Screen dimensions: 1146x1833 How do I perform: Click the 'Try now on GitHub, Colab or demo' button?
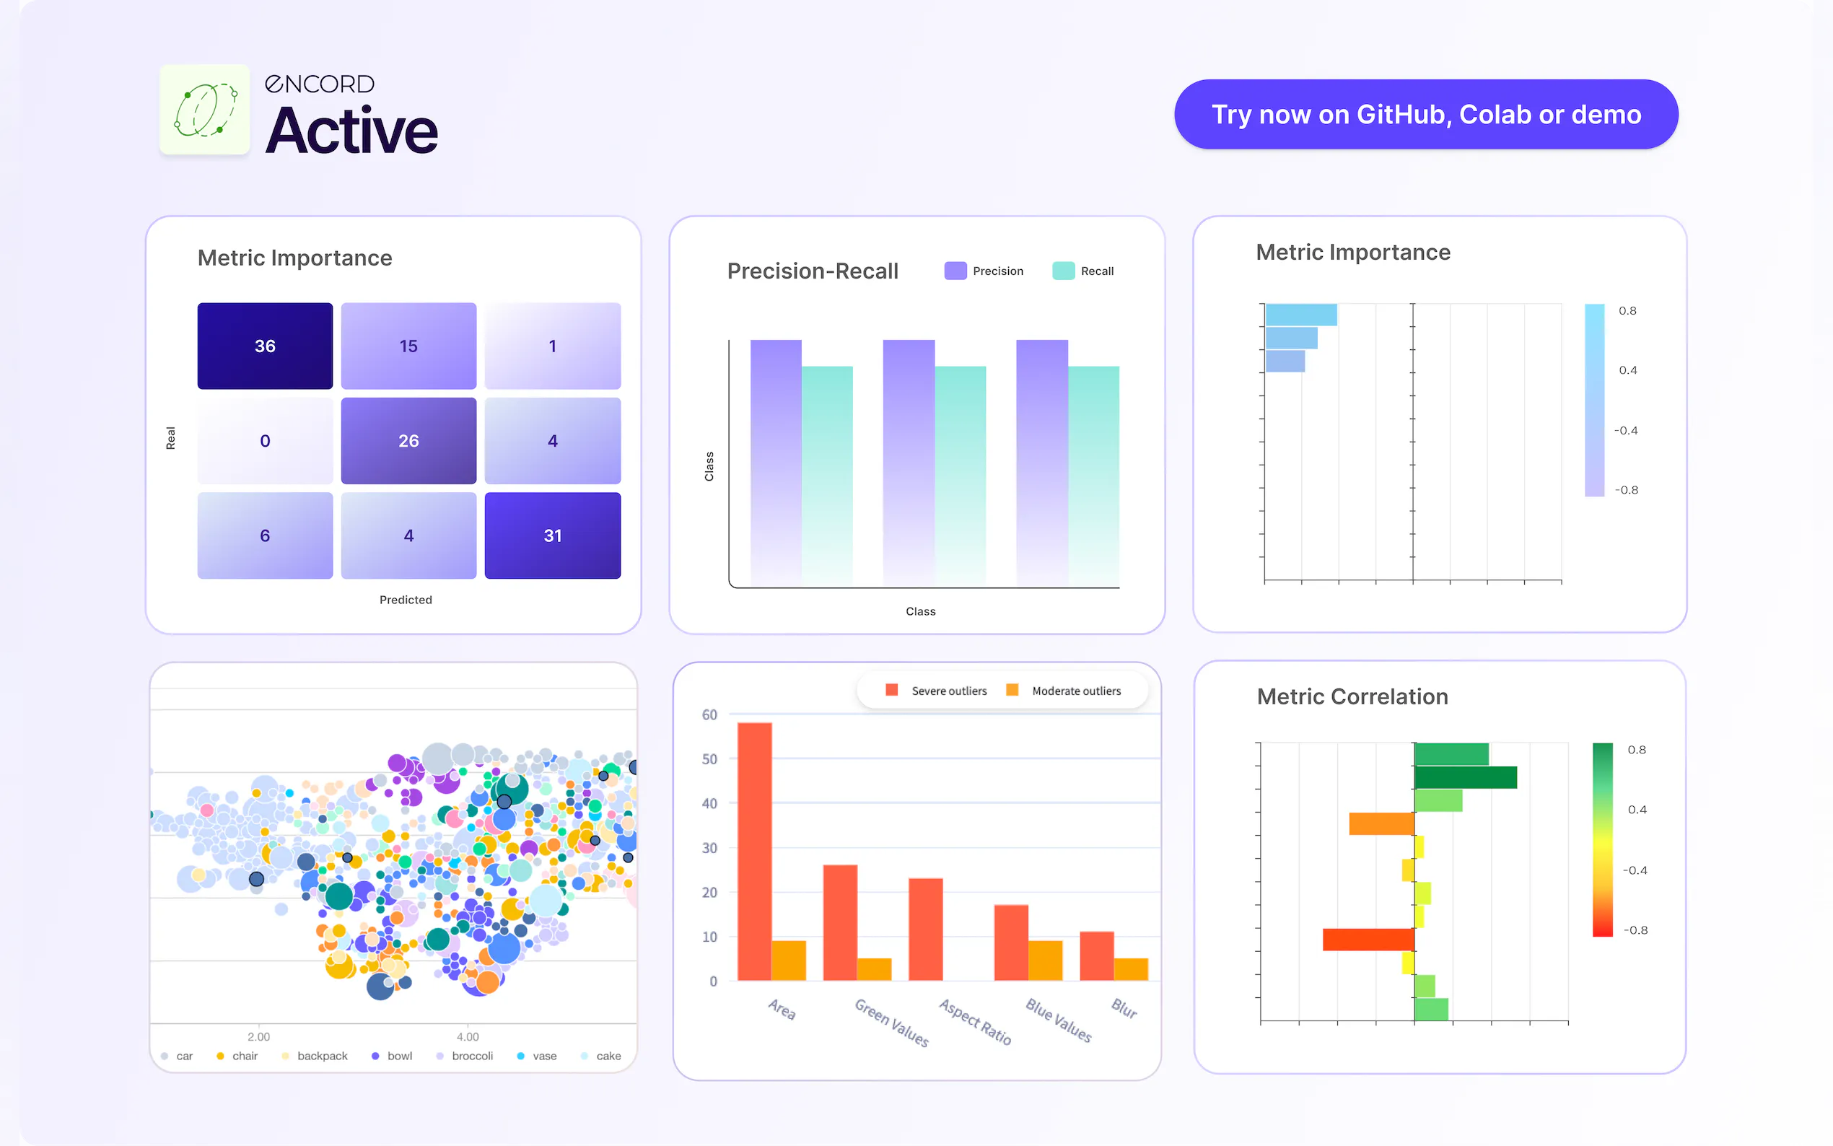[x=1425, y=115]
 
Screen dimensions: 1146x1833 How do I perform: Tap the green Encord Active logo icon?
[x=205, y=110]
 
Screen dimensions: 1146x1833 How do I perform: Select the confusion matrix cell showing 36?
[x=264, y=346]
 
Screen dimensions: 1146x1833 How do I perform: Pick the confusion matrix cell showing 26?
[x=408, y=440]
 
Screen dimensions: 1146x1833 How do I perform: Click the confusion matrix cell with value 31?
[x=552, y=535]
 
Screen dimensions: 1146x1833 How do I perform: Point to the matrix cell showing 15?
[x=408, y=346]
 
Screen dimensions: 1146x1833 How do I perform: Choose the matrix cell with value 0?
[x=264, y=440]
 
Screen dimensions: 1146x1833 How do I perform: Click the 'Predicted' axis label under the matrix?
[x=406, y=600]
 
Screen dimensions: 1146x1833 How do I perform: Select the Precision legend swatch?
[x=955, y=271]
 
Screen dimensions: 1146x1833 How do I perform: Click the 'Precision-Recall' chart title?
[x=813, y=271]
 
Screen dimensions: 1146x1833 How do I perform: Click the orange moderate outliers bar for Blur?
[x=1131, y=968]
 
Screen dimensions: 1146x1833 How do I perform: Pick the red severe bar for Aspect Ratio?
[x=925, y=929]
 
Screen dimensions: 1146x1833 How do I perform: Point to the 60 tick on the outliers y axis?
[x=709, y=714]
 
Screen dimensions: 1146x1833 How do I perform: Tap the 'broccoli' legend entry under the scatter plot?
[x=471, y=1056]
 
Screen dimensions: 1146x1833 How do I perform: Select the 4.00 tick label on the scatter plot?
[x=468, y=1036]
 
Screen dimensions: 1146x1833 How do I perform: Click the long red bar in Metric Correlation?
[x=1368, y=939]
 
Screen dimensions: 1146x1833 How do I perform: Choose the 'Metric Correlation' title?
[x=1352, y=696]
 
